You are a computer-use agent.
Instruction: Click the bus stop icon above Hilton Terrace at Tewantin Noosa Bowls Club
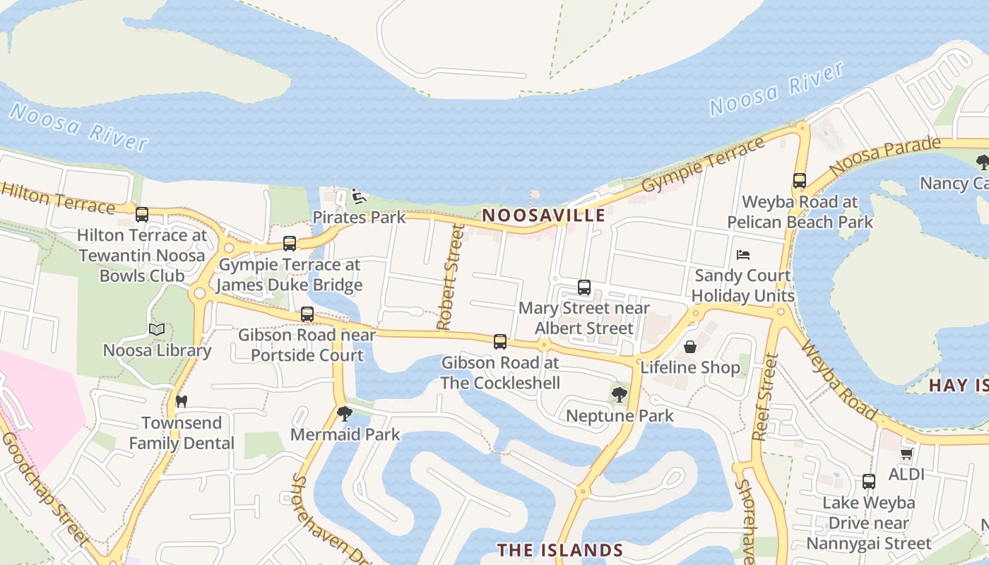coord(142,215)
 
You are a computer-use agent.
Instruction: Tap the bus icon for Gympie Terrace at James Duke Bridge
coord(289,244)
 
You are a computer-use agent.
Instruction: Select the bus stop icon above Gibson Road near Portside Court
coord(307,314)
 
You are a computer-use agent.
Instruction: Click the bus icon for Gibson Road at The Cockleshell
coord(500,342)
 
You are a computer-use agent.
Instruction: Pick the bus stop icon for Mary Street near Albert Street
coord(584,287)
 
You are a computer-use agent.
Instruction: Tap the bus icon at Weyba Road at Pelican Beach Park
coord(800,181)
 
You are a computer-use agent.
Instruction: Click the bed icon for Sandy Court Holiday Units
coord(742,255)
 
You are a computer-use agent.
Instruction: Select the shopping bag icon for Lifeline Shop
coord(690,347)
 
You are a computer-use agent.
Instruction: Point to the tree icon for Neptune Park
coord(620,395)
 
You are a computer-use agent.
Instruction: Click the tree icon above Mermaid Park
coord(345,414)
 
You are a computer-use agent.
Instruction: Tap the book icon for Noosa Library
coord(157,330)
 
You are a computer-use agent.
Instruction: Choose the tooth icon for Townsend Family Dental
coord(181,401)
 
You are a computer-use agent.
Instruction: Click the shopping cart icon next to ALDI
coord(907,453)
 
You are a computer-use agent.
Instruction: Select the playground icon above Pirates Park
coord(358,196)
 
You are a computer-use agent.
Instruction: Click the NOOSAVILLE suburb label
coord(544,215)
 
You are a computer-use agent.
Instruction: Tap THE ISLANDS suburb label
coord(559,550)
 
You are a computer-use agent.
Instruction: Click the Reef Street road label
coord(766,397)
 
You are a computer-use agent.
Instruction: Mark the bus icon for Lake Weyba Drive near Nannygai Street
coord(869,482)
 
